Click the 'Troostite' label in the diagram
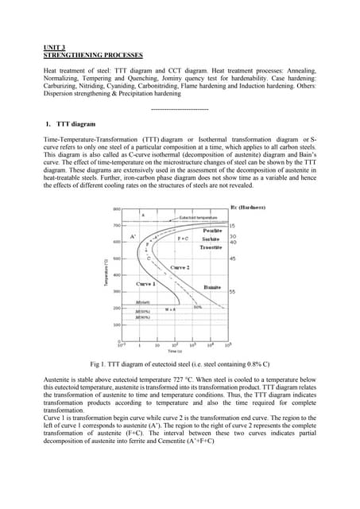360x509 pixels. point(210,247)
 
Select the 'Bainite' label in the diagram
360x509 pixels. point(212,286)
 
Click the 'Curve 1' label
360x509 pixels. point(145,284)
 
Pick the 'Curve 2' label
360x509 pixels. point(180,267)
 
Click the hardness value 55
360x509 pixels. point(232,292)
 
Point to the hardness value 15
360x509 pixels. point(232,227)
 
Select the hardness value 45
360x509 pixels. point(232,258)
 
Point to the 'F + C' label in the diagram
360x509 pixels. point(182,238)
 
